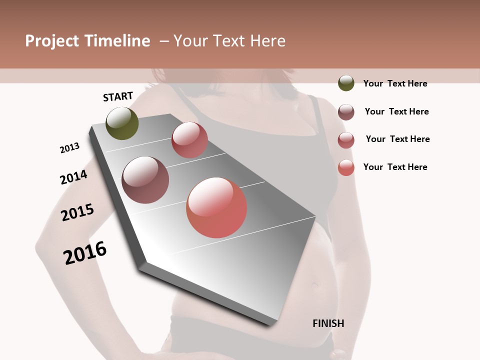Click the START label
[x=118, y=96]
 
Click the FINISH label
[x=328, y=323]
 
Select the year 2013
[x=69, y=148]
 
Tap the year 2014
[x=73, y=177]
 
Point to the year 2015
[x=77, y=212]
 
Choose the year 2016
[x=85, y=253]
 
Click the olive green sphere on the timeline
[x=122, y=123]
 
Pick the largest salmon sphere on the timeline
[x=216, y=207]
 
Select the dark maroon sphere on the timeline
[x=145, y=180]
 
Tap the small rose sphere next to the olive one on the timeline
[x=189, y=140]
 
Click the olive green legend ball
[x=346, y=83]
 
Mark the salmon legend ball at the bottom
[x=346, y=167]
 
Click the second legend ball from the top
[x=346, y=112]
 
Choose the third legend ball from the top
[x=346, y=140]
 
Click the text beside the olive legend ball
[x=395, y=83]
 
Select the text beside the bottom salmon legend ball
[x=395, y=167]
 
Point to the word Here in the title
[x=267, y=41]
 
